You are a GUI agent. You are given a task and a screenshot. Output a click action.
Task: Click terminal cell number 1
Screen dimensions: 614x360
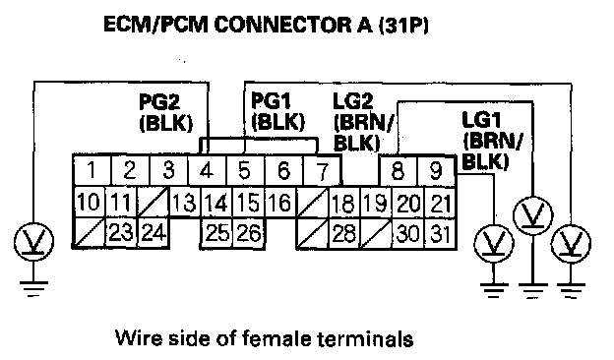pos(92,170)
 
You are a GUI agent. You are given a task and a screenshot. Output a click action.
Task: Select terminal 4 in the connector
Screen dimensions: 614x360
pos(208,170)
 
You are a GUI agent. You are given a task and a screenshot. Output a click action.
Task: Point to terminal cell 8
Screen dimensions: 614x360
pos(399,170)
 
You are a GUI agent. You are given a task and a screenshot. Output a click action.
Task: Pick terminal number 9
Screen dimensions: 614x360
pos(436,170)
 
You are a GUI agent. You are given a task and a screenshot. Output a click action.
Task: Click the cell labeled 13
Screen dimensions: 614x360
pos(185,202)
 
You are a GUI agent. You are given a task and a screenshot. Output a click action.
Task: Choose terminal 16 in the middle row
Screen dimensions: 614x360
pos(280,202)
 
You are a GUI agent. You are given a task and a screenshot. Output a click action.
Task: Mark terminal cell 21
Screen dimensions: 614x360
pos(440,203)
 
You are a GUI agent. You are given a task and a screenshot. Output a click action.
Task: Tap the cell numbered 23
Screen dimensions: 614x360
pos(121,233)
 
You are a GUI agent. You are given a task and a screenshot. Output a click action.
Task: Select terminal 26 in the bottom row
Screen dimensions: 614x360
pos(249,233)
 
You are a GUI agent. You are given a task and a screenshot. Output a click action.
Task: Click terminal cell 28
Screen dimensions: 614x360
pos(344,234)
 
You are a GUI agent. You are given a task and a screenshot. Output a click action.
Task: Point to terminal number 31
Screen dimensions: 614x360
pos(440,234)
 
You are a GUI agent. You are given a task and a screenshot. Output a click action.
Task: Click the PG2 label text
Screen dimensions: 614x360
pos(159,102)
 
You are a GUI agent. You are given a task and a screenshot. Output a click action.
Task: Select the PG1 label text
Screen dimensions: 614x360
pos(272,100)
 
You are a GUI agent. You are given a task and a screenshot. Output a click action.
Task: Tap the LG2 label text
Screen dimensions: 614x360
pos(353,101)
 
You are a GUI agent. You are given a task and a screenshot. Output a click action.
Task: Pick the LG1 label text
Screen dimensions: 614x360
pos(481,120)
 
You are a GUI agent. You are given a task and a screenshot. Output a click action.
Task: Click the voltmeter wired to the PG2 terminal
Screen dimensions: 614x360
pos(33,241)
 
